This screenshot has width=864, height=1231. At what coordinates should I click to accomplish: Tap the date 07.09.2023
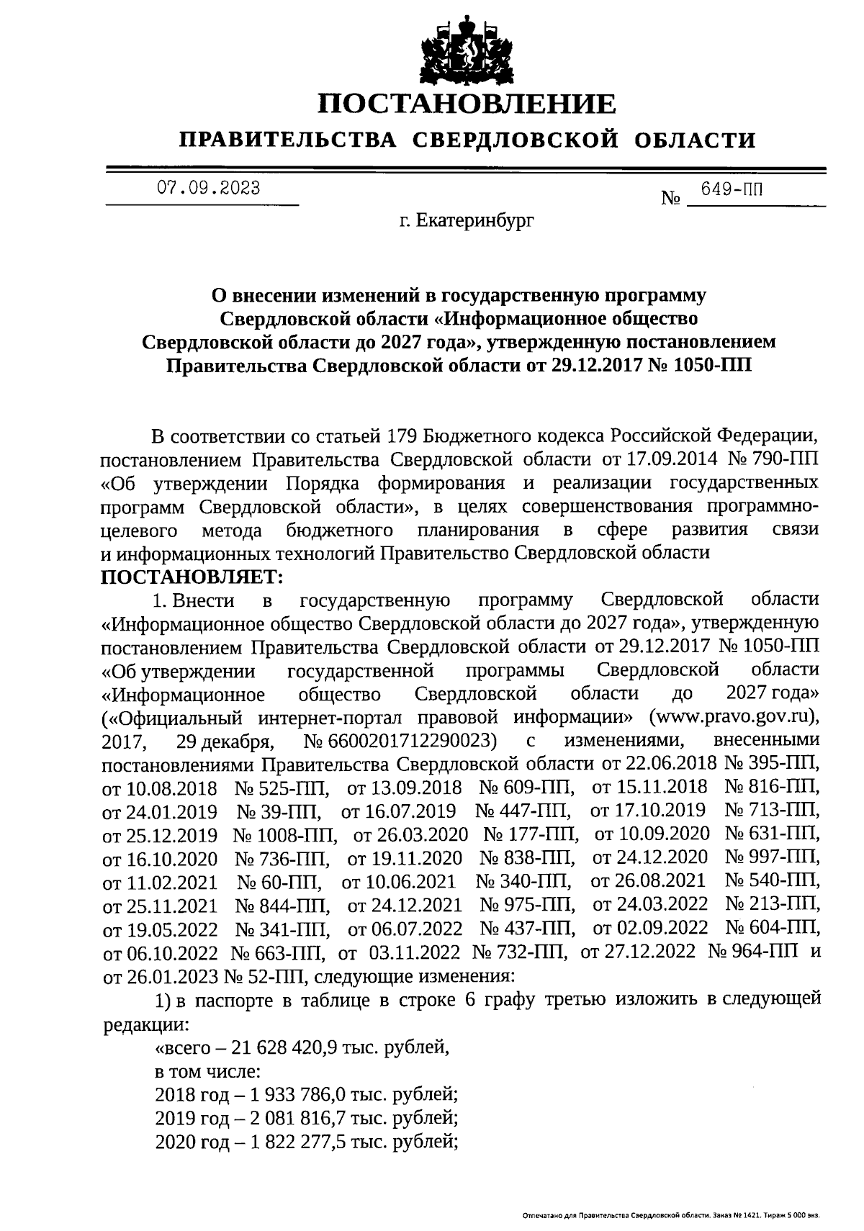click(209, 189)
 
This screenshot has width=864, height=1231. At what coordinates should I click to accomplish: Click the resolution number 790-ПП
click(787, 459)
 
